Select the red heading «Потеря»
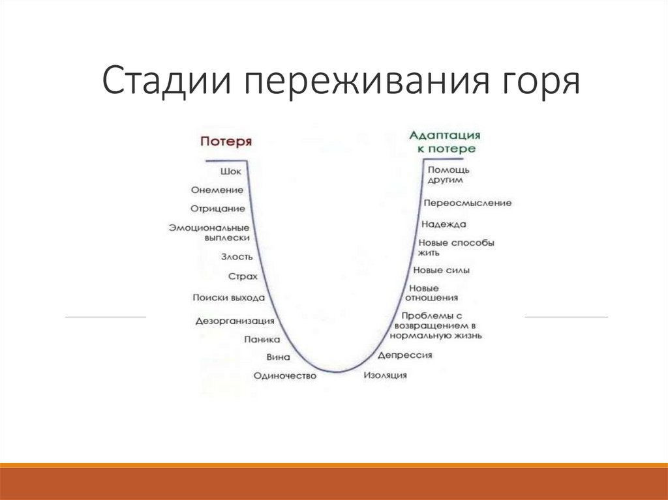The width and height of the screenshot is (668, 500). click(x=226, y=141)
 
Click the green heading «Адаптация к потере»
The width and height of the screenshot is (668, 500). click(x=445, y=142)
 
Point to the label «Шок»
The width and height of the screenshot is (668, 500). click(x=231, y=171)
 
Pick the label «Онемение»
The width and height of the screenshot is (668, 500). click(x=217, y=190)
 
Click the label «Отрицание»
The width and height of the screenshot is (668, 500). click(x=218, y=209)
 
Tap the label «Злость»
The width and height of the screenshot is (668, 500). click(x=237, y=257)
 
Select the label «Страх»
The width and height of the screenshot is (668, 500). click(x=243, y=276)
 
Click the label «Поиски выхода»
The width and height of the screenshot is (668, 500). click(x=229, y=298)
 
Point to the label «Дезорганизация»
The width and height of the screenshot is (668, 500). click(x=235, y=321)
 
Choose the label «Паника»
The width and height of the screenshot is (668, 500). click(x=262, y=340)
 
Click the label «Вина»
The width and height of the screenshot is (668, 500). click(x=278, y=357)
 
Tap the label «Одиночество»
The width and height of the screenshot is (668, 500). click(x=285, y=375)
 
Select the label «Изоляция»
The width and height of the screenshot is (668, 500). click(x=385, y=375)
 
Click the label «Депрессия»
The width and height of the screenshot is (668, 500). click(x=404, y=355)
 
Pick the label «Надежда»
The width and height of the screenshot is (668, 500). click(x=444, y=224)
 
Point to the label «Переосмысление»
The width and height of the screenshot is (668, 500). click(x=467, y=203)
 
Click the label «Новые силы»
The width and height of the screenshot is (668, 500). click(x=442, y=271)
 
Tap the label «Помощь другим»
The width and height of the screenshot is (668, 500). click(x=448, y=175)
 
